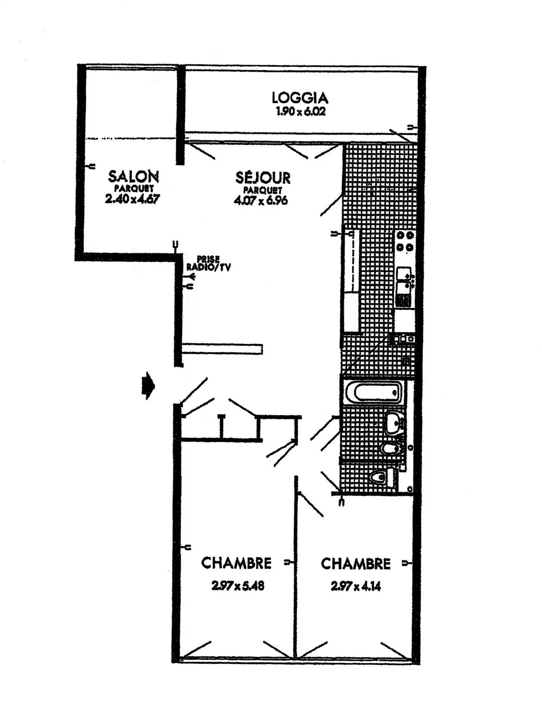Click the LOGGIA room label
[300, 98]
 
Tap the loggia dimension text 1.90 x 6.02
[301, 112]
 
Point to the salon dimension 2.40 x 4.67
[132, 199]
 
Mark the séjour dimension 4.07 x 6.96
[261, 200]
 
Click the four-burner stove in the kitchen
[405, 242]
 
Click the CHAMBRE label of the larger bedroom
[236, 563]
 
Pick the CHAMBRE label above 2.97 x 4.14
[356, 563]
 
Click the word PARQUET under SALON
[134, 189]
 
